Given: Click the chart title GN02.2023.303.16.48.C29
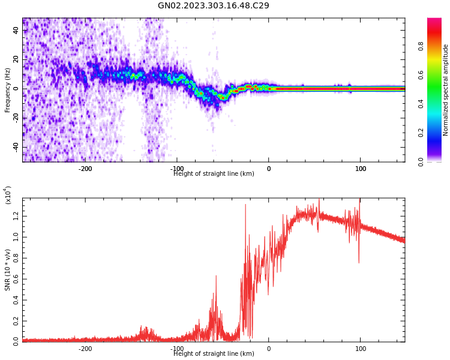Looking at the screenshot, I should [x=213, y=6].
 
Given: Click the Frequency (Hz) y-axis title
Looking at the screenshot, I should [x=8, y=90].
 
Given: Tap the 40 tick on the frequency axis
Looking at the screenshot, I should [x=16, y=31].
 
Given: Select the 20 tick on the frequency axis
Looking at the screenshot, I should [x=16, y=59].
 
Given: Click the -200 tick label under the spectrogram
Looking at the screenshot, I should [x=85, y=169].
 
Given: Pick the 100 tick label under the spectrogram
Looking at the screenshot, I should [x=360, y=169].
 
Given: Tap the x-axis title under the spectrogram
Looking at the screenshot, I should [x=214, y=174].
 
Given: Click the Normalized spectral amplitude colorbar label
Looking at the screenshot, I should [x=446, y=90].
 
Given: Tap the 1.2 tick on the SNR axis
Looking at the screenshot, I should [x=16, y=217].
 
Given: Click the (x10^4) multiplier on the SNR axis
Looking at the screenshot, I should [x=8, y=195].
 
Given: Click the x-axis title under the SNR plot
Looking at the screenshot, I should [x=214, y=354].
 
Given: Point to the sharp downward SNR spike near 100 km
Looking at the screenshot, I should [x=359, y=261].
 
